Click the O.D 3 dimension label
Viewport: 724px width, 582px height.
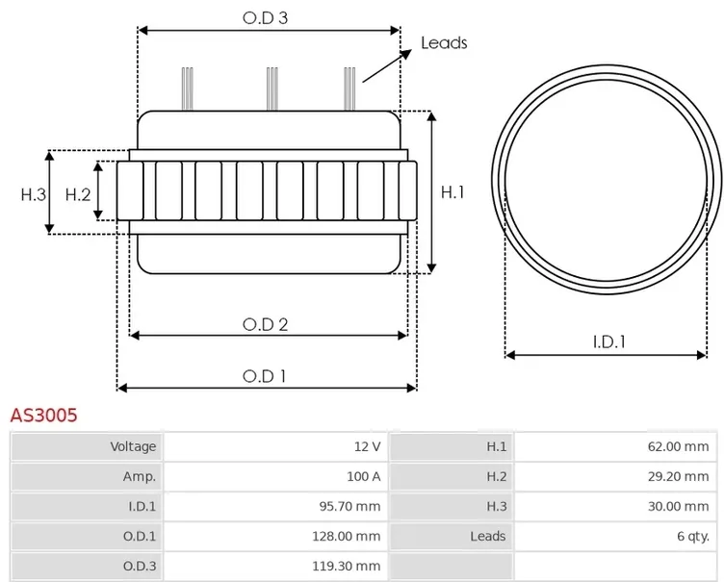point(265,18)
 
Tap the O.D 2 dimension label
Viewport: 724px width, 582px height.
point(266,325)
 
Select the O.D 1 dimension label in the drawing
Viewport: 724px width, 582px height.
point(264,376)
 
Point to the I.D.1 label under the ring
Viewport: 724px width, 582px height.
point(609,342)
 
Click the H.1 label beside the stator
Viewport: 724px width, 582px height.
point(452,192)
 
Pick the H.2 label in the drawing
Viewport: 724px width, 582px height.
point(78,194)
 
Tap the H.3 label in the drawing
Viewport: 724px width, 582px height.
point(34,194)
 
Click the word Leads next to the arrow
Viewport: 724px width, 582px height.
point(444,43)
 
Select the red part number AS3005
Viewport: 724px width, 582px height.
point(44,415)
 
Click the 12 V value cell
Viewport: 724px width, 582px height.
point(368,446)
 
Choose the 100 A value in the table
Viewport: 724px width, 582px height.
point(364,476)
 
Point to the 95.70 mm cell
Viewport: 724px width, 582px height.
point(350,506)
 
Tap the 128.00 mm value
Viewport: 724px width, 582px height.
point(347,537)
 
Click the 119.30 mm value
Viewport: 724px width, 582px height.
point(347,566)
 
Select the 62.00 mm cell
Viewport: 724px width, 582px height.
point(679,446)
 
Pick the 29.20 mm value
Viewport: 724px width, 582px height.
point(679,476)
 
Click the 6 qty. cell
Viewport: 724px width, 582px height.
point(693,537)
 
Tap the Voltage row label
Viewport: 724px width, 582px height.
point(133,446)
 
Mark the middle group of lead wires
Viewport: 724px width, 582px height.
point(272,89)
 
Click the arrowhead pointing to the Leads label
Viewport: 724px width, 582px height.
point(406,54)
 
